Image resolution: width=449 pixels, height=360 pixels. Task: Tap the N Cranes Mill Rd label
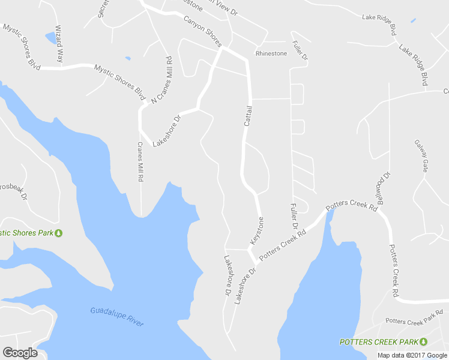coord(161,80)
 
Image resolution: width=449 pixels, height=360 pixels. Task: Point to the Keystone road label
coord(257,229)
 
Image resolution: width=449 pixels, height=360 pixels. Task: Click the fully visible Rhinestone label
coord(271,53)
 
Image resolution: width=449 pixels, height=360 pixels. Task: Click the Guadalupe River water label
coord(117,316)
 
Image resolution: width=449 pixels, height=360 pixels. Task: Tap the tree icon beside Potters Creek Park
coord(423,341)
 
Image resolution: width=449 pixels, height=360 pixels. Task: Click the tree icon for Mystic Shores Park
coord(59,233)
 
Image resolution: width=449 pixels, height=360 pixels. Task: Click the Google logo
coord(20,353)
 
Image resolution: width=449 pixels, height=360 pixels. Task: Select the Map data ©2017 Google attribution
coord(412,355)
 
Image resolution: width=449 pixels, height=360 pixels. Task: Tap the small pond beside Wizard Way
coord(50,38)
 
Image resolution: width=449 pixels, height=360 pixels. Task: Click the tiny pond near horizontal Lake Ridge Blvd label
coord(413,21)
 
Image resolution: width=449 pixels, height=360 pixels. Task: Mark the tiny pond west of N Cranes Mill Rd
coord(127,58)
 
